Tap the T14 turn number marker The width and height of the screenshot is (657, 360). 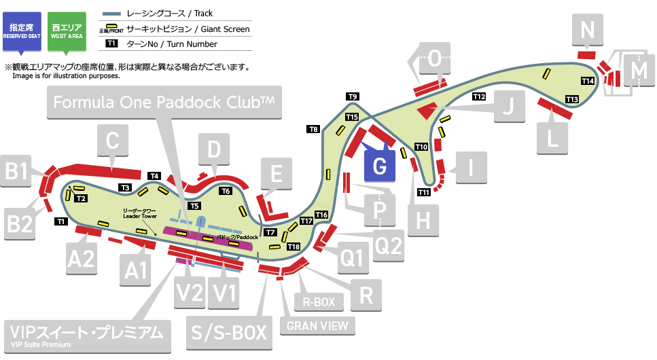(x=588, y=81)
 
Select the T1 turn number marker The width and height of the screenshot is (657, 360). (x=60, y=221)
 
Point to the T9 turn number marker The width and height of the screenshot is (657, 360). (x=353, y=96)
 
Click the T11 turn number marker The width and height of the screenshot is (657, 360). (x=424, y=192)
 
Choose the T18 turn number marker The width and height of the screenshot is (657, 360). (x=294, y=246)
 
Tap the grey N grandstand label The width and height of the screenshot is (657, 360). (x=588, y=30)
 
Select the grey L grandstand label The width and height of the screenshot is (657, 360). (x=552, y=137)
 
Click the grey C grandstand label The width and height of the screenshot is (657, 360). (x=113, y=141)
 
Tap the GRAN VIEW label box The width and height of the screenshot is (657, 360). (x=317, y=325)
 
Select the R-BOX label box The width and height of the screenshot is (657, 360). (x=318, y=302)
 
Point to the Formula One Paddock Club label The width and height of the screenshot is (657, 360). (x=164, y=103)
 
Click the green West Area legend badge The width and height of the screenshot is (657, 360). (x=66, y=31)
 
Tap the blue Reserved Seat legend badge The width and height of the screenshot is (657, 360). (x=22, y=31)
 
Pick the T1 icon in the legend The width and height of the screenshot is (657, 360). (x=112, y=44)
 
